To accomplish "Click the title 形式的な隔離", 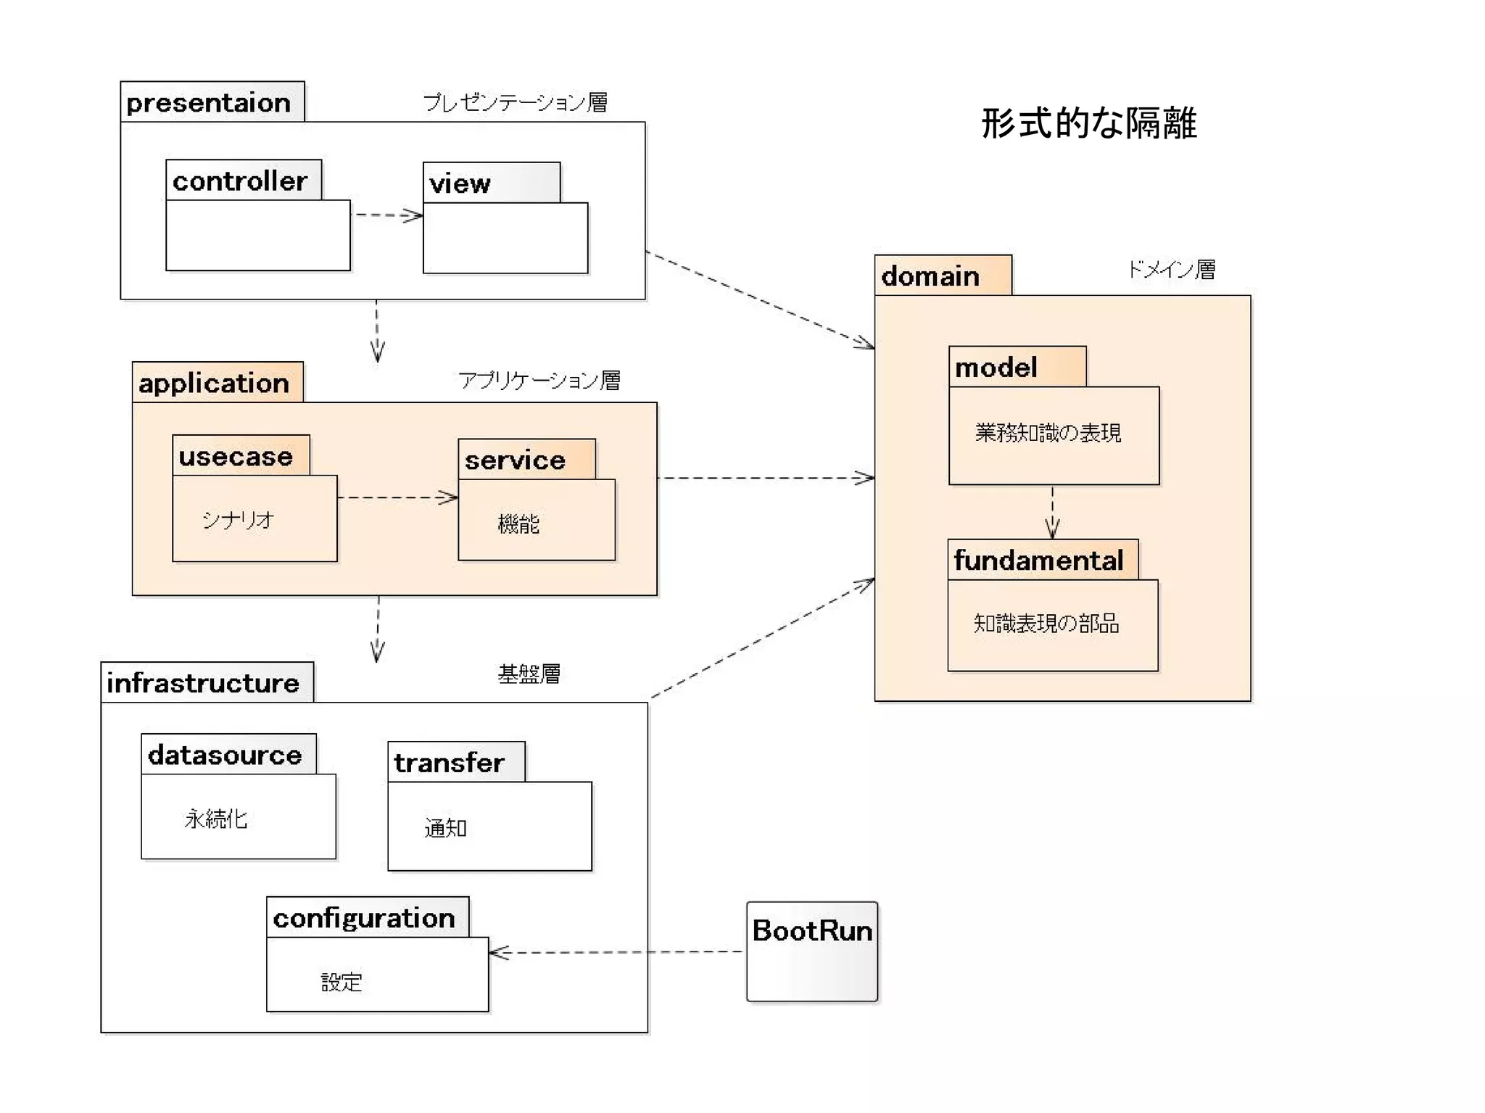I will pyautogui.click(x=1088, y=123).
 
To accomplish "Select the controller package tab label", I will pyautogui.click(x=240, y=181).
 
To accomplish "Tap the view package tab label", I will pyautogui.click(x=460, y=183).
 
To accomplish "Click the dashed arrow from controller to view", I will pyautogui.click(x=386, y=215).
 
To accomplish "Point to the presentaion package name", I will pyautogui.click(x=208, y=102).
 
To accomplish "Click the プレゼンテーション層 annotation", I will pyautogui.click(x=515, y=102).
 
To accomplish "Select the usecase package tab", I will pyautogui.click(x=236, y=456).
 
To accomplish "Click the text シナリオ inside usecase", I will pyautogui.click(x=238, y=519).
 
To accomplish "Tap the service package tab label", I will pyautogui.click(x=515, y=460).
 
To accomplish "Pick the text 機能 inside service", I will pyautogui.click(x=518, y=524).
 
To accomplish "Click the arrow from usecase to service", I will pyautogui.click(x=397, y=497).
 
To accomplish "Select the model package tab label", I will pyautogui.click(x=996, y=367).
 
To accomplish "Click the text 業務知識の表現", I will pyautogui.click(x=1048, y=433).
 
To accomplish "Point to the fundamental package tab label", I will pyautogui.click(x=1038, y=560).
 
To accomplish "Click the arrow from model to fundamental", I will pyautogui.click(x=1052, y=512).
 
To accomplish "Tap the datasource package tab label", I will pyautogui.click(x=225, y=755).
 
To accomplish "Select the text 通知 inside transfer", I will pyautogui.click(x=445, y=827).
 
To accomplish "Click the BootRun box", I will pyautogui.click(x=812, y=951).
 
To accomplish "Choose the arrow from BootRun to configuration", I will pyautogui.click(x=616, y=952).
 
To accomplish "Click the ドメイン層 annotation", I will pyautogui.click(x=1171, y=270).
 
